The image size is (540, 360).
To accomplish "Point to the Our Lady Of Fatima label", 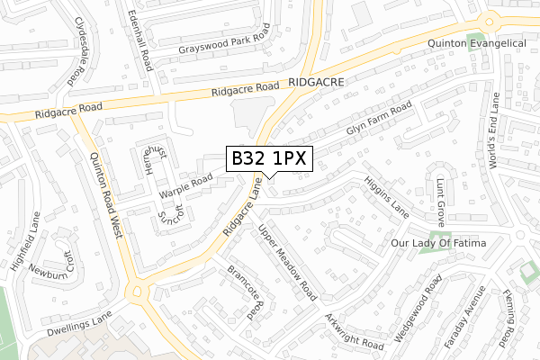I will coord(438,244).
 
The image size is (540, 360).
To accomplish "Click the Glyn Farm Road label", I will coord(378,119).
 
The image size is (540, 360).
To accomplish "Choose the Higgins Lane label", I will coord(387,193).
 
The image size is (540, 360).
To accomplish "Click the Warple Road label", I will coord(185,185).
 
